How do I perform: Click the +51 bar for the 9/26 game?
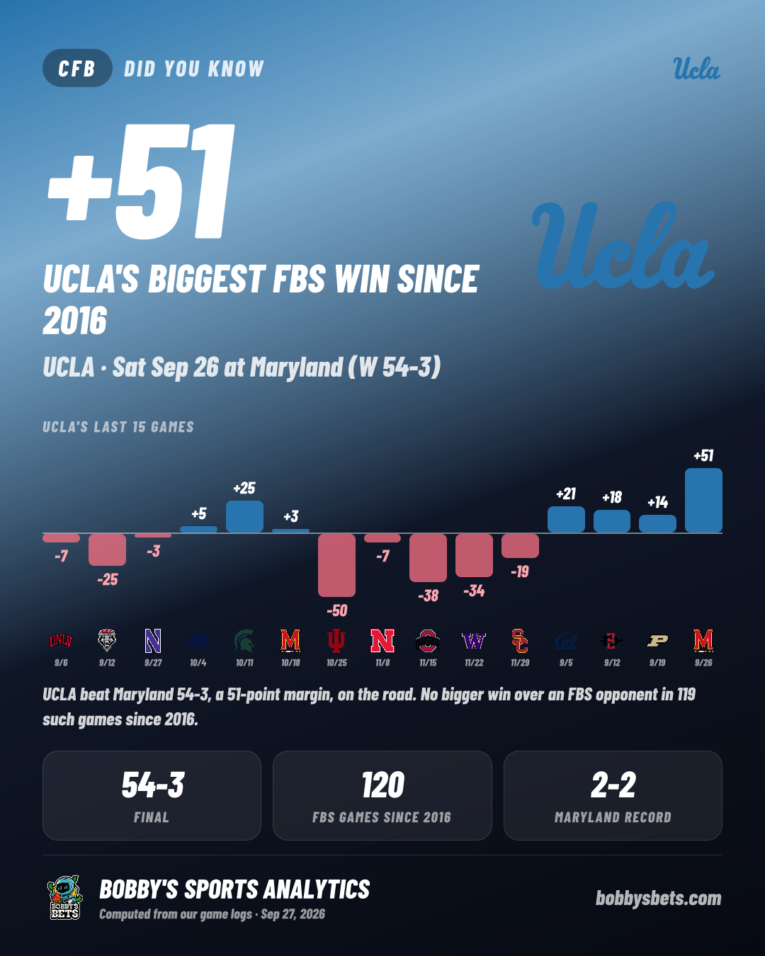click(703, 500)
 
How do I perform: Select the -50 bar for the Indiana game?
click(336, 565)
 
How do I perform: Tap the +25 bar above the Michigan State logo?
click(244, 517)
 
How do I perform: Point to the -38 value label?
click(428, 596)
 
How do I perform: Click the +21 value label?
click(566, 494)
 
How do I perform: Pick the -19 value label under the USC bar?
click(520, 571)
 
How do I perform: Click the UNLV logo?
click(61, 641)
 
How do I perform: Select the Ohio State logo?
click(428, 641)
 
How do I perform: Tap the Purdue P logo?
click(657, 641)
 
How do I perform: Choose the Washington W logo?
click(474, 641)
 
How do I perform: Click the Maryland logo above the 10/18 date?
click(290, 641)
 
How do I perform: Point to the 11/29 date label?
click(520, 663)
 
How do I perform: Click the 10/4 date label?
click(198, 663)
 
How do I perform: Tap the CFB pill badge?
click(77, 68)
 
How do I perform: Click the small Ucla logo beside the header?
click(696, 69)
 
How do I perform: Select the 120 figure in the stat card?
click(382, 785)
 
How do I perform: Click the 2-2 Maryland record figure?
click(613, 785)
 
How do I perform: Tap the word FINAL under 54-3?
click(152, 817)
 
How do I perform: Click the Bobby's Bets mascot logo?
click(65, 897)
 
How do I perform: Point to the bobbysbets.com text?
click(658, 898)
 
